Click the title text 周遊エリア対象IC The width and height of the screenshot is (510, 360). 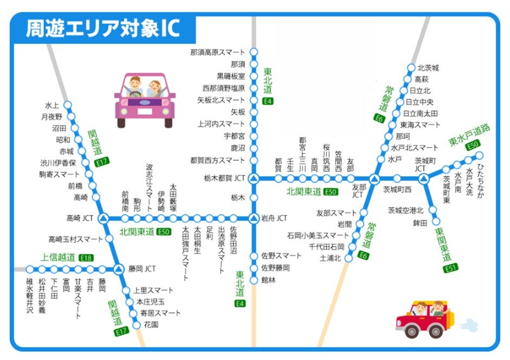[x=103, y=29]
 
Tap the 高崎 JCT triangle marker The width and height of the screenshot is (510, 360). [x=104, y=218]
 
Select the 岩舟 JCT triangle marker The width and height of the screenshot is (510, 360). [x=254, y=218]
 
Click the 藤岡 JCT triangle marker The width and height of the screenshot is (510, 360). [x=118, y=268]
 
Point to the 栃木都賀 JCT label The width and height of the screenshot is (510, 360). [x=225, y=178]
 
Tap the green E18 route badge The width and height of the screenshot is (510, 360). [x=86, y=258]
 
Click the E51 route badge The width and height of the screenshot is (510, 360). [x=448, y=268]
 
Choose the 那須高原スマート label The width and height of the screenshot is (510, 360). [x=217, y=53]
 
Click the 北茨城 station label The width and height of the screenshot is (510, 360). [x=428, y=68]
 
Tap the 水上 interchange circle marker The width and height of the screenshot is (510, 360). [x=68, y=105]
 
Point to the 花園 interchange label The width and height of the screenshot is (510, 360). [x=151, y=324]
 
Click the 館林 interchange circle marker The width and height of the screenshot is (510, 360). [x=254, y=280]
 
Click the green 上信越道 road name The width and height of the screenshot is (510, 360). [x=59, y=258]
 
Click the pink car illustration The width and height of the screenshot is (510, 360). [x=145, y=99]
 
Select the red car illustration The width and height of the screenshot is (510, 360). [x=425, y=320]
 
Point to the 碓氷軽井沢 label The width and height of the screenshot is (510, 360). [x=30, y=296]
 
